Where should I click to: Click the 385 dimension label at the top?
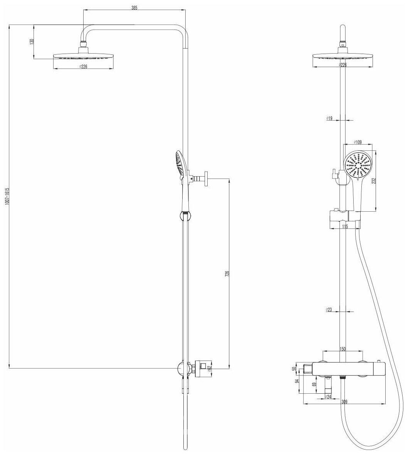pos(134,8)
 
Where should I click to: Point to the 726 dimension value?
pos(227,273)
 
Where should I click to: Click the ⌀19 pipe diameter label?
pos(329,119)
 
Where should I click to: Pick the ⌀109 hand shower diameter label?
pos(357,143)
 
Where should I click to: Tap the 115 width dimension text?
pos(344,227)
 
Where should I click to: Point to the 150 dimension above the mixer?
pos(343,349)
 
